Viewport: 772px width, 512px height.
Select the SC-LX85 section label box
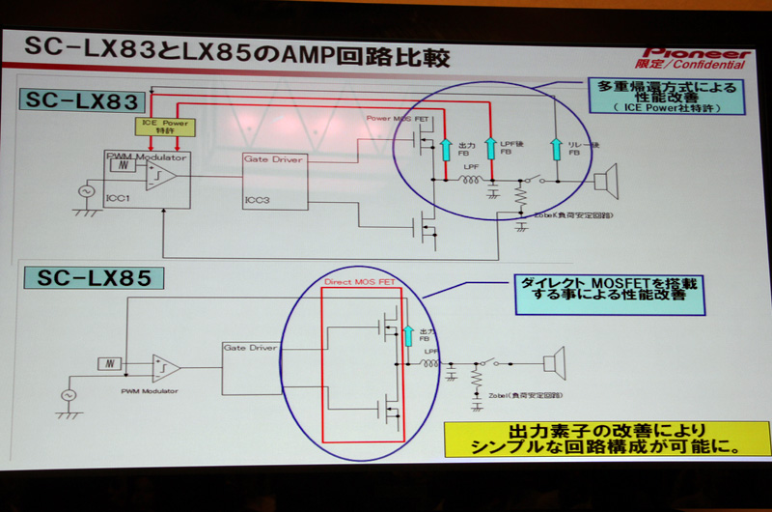pos(91,279)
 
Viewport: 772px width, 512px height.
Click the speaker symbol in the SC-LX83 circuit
pos(605,181)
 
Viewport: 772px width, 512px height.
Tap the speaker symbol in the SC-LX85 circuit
pos(553,364)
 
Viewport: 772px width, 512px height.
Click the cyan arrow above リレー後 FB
pos(555,147)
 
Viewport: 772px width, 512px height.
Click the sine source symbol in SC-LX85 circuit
pos(69,395)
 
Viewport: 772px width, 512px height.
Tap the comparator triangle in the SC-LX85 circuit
pos(165,367)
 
